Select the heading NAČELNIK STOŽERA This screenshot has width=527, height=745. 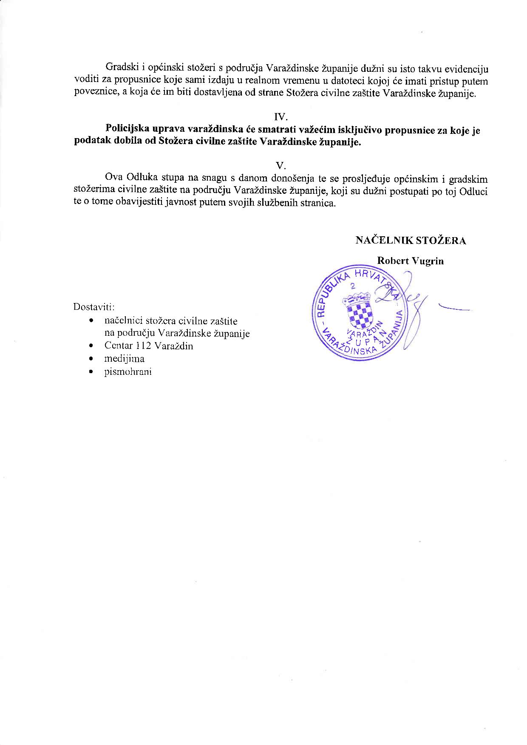click(411, 241)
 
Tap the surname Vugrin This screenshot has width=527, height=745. click(428, 261)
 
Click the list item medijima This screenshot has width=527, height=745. click(124, 359)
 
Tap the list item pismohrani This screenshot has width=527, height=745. click(128, 372)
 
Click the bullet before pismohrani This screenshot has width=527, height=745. click(91, 372)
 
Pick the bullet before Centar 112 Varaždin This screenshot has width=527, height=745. click(91, 346)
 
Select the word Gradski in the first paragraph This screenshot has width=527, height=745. click(119, 68)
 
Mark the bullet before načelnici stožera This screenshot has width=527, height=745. click(91, 321)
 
